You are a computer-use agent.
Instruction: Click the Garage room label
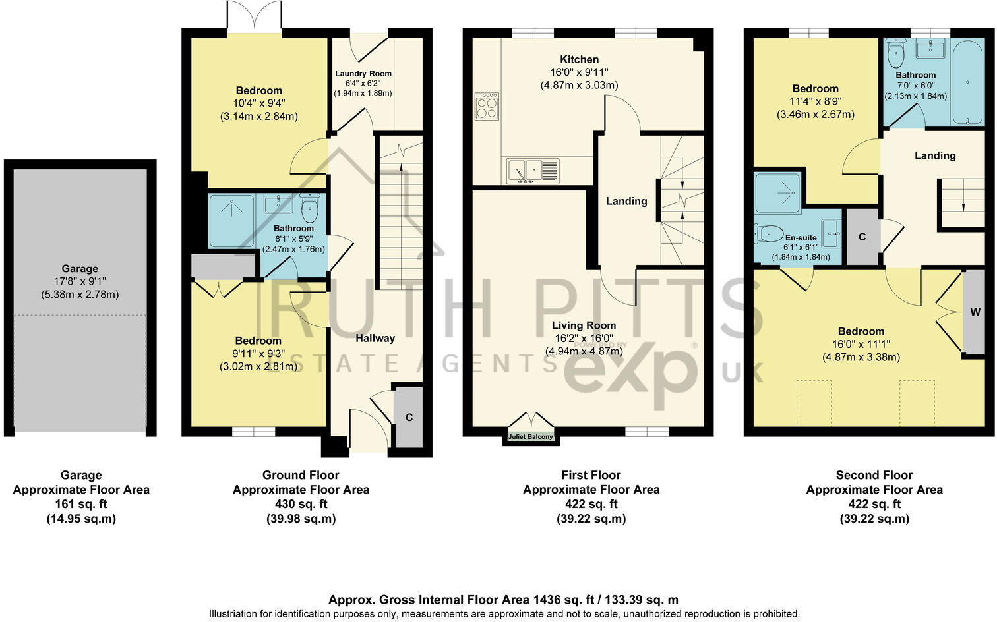pos(80,269)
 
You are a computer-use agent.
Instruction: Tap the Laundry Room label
pos(363,74)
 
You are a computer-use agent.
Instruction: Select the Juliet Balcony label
pos(530,436)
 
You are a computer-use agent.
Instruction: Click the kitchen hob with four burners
pos(487,106)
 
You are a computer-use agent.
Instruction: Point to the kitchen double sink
pos(533,171)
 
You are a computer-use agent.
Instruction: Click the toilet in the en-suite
pos(768,233)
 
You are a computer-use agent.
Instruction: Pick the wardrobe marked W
pos(975,312)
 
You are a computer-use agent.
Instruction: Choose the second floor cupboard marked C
pos(862,237)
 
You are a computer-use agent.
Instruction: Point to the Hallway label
pos(375,338)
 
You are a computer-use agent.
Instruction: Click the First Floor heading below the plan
pos(591,475)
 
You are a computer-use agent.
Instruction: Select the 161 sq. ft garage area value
pos(81,504)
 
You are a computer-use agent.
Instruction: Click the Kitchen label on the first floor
pos(579,59)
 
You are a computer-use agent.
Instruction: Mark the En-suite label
pos(801,238)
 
